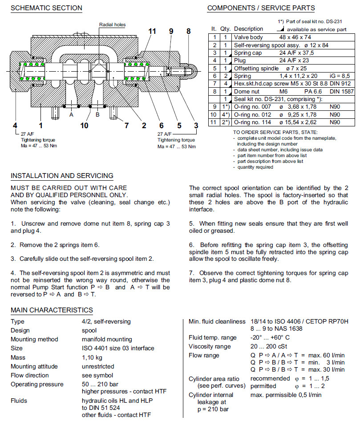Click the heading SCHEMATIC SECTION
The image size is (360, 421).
(x=46, y=8)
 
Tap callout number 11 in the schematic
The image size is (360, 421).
(x=153, y=31)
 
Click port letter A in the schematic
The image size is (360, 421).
(x=71, y=114)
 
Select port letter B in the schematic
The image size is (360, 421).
(x=97, y=114)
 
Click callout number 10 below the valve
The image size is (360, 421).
(x=84, y=125)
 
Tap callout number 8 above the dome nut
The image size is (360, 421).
(x=189, y=31)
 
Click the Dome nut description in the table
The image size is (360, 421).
(x=248, y=91)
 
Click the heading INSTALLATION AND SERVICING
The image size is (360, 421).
(x=62, y=176)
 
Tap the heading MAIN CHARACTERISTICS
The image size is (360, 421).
(x=52, y=310)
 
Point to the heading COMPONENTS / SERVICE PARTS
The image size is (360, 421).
(x=261, y=8)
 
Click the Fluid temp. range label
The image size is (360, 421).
(x=213, y=338)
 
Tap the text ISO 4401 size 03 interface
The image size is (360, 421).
(x=118, y=348)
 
